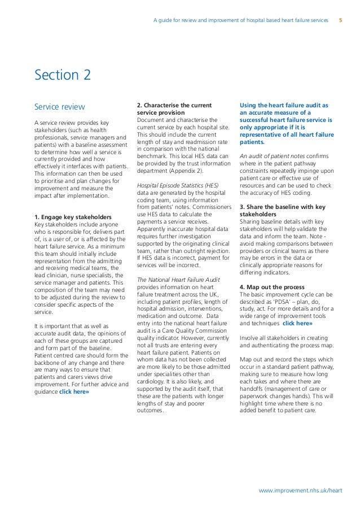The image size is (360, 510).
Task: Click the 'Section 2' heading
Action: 62,75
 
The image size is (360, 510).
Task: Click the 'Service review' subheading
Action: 59,107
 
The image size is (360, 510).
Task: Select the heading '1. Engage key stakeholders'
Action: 73,217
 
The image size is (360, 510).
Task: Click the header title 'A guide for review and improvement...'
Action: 240,20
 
